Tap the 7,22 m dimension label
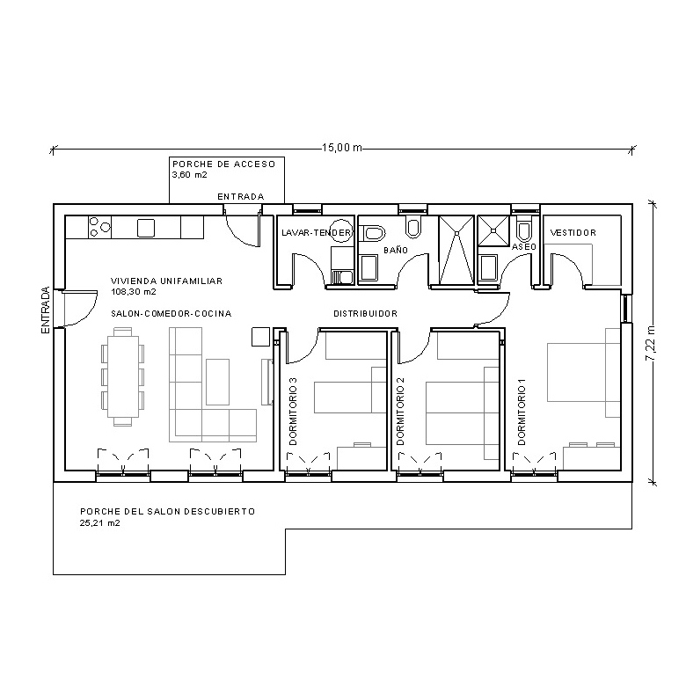point(650,344)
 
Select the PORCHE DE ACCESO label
point(223,164)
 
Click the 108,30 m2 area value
point(134,291)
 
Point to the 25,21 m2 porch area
point(99,522)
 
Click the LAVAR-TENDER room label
point(317,233)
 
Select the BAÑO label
point(395,251)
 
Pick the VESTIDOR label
point(573,233)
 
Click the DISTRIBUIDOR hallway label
point(365,314)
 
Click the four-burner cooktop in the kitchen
point(99,228)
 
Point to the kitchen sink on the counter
point(146,228)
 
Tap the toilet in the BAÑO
point(373,233)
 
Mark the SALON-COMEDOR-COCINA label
point(171,314)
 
